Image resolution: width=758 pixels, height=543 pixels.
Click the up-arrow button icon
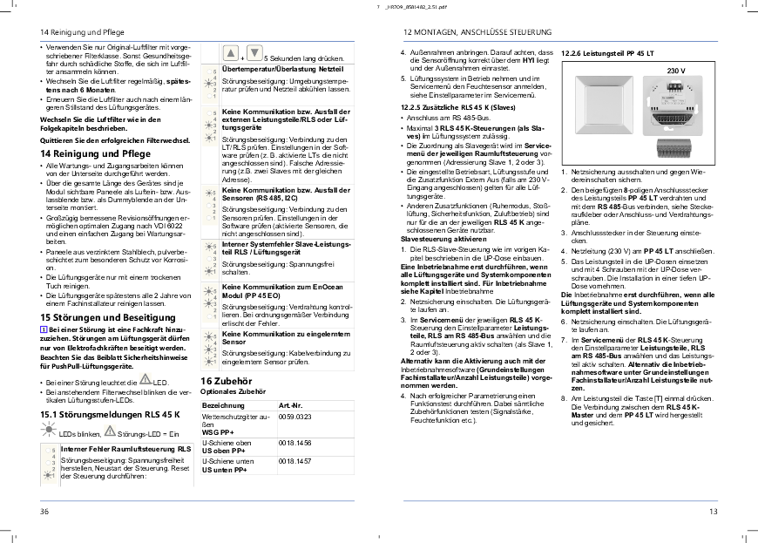pyautogui.click(x=231, y=52)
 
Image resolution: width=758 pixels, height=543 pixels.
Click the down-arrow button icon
pyautogui.click(x=254, y=52)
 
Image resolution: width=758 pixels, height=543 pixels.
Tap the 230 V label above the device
pyautogui.click(x=676, y=69)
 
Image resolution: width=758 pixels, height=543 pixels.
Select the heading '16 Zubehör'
pyautogui.click(x=226, y=381)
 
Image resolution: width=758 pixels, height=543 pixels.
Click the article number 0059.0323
pyautogui.click(x=294, y=418)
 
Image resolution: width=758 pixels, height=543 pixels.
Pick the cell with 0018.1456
pyautogui.click(x=294, y=443)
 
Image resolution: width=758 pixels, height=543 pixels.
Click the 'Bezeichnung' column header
pyautogui.click(x=223, y=406)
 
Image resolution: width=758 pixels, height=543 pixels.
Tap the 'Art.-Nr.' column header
pyautogui.click(x=290, y=406)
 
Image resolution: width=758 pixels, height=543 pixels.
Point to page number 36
pyautogui.click(x=44, y=512)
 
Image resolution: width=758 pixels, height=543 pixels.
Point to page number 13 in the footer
pyautogui.click(x=713, y=512)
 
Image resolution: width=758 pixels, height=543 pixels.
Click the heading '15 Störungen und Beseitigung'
pyautogui.click(x=103, y=317)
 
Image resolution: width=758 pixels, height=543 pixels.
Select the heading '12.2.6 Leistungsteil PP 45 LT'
pyautogui.click(x=607, y=54)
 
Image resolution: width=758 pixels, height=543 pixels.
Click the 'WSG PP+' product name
pyautogui.click(x=218, y=431)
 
